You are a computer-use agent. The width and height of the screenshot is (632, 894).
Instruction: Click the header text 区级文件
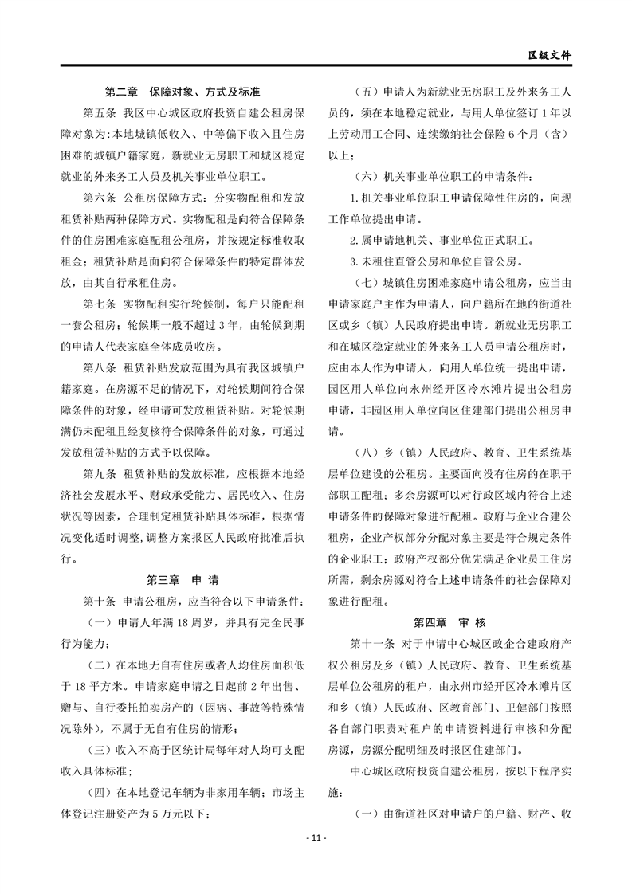(x=551, y=56)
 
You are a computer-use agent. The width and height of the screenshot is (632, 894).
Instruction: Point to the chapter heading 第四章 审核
(x=449, y=621)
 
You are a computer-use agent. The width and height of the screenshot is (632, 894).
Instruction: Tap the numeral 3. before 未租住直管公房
(x=355, y=261)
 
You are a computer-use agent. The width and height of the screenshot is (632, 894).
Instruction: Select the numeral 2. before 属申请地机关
(x=355, y=240)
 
